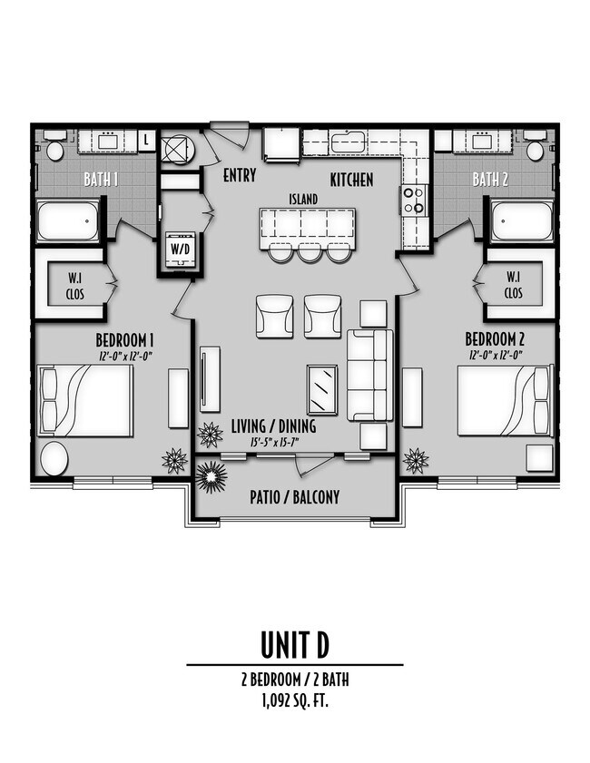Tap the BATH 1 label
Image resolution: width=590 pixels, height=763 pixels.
(x=102, y=179)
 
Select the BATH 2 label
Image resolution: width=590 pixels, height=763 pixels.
(x=490, y=179)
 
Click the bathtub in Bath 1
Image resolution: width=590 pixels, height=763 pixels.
(x=68, y=221)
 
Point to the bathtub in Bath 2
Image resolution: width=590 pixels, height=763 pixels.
(x=522, y=221)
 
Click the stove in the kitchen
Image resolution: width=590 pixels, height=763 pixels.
(x=413, y=200)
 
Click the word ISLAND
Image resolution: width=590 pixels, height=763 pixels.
(x=303, y=198)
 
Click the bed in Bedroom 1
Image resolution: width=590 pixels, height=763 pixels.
(x=86, y=400)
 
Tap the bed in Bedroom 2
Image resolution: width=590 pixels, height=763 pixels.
(x=505, y=400)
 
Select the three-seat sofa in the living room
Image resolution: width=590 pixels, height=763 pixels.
(x=370, y=375)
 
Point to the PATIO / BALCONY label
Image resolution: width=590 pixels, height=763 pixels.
(x=294, y=497)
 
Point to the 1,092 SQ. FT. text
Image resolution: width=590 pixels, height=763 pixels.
(x=294, y=699)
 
